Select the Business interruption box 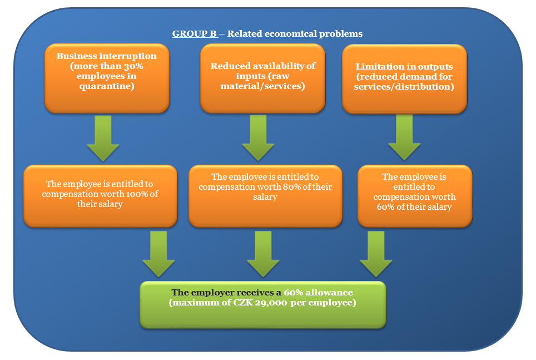(x=107, y=78)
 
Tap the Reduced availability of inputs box (x=262, y=78)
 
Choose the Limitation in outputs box (x=404, y=78)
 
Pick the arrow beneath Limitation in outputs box (x=404, y=137)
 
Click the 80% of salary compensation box (x=265, y=195)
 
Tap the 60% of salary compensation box (x=414, y=195)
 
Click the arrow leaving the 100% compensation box (x=158, y=254)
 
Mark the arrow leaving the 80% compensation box (x=263, y=254)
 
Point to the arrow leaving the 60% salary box (x=376, y=254)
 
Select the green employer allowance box (x=262, y=304)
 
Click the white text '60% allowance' (x=318, y=293)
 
